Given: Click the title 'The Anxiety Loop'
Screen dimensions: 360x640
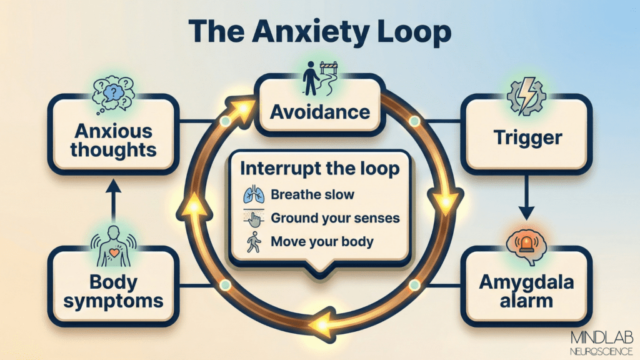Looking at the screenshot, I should click(319, 32).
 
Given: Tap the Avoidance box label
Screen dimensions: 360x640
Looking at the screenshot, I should click(320, 113).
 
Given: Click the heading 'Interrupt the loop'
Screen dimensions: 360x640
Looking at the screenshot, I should click(321, 169).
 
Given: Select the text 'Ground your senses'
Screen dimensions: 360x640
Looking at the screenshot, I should click(335, 218).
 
